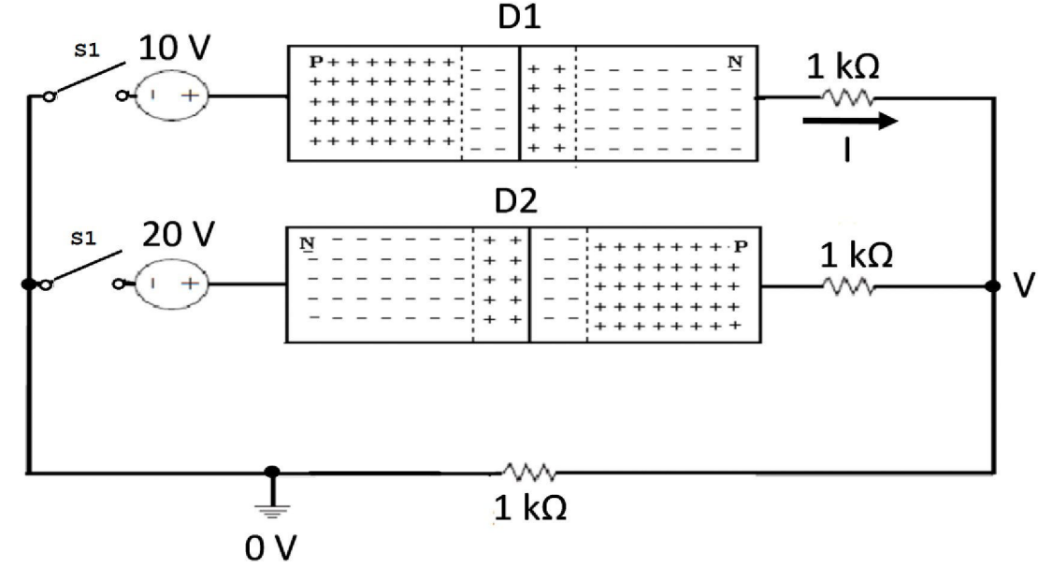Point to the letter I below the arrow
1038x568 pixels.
click(846, 151)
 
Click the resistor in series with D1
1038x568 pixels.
click(847, 95)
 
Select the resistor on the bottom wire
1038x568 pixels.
click(529, 471)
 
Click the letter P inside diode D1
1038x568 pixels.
click(316, 63)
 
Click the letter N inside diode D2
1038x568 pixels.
click(305, 245)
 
